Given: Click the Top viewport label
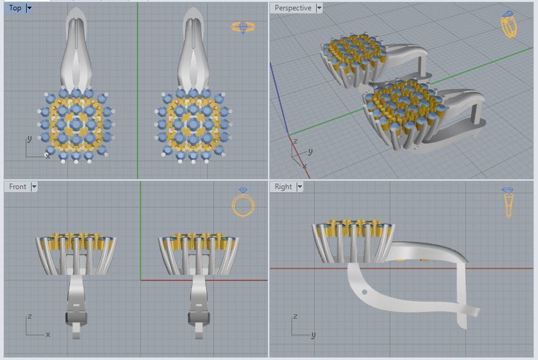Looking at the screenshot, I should point(15,8).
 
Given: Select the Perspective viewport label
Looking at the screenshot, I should point(292,8).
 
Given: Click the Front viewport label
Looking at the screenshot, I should point(18,187).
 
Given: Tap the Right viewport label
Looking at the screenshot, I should point(283,187).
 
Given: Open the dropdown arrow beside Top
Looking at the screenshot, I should point(29,8).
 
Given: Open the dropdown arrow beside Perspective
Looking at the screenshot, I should point(319,8).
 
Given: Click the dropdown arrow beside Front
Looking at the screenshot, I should point(34,187).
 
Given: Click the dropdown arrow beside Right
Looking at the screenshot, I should point(300,187).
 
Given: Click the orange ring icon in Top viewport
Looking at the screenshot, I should point(243,27).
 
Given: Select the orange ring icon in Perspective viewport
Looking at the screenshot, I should point(508,24).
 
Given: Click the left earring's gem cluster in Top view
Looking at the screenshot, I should point(76,125).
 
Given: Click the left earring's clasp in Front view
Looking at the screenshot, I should point(76,317).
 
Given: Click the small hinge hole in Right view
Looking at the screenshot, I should point(364,292).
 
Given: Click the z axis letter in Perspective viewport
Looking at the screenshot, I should point(295,141).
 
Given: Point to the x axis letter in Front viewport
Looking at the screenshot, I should point(47,334).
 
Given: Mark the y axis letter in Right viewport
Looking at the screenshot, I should point(313,334).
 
